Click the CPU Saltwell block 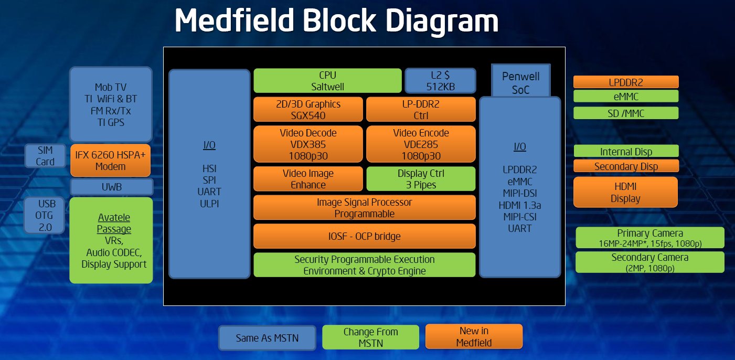coord(327,80)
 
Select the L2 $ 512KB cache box coord(440,80)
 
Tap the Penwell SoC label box coord(520,82)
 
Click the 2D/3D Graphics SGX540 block coord(308,109)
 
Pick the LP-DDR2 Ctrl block coord(421,109)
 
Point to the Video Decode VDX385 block coord(308,144)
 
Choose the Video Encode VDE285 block coord(421,144)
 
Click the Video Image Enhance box coord(308,179)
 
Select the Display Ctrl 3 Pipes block coord(421,179)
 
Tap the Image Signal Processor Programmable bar coord(364,207)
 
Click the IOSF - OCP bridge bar coord(364,236)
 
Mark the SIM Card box coord(45,156)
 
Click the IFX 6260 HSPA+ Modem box coord(110,161)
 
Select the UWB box coord(111,187)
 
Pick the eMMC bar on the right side coord(625,96)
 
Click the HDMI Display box coord(625,192)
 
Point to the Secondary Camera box coord(649,262)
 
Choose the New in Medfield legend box coord(473,336)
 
